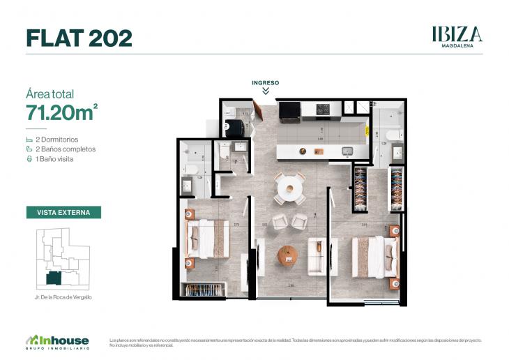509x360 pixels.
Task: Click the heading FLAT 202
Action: [x=79, y=38]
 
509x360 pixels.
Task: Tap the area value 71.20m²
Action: [x=61, y=112]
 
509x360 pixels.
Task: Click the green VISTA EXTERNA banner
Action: [x=63, y=212]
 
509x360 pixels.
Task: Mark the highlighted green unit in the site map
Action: [x=53, y=278]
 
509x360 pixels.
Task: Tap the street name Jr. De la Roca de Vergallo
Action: [x=63, y=297]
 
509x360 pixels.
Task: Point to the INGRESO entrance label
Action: [x=266, y=82]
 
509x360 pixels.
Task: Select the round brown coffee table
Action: [x=288, y=255]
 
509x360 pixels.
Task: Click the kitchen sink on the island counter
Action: [x=347, y=150]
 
